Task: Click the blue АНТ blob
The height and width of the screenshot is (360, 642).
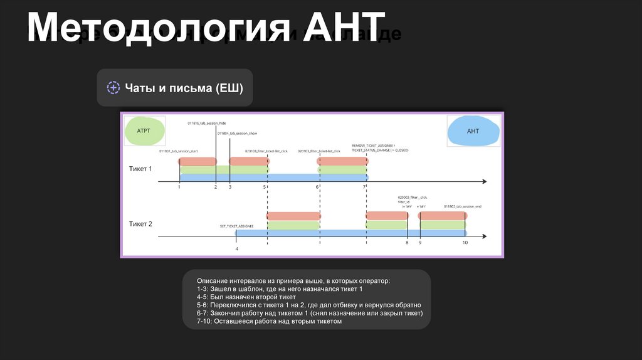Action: pos(473,132)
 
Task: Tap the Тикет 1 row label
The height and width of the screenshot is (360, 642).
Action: pos(140,169)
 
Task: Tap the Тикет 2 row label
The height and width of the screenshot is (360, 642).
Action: pos(140,224)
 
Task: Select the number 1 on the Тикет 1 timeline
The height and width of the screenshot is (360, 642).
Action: pos(179,188)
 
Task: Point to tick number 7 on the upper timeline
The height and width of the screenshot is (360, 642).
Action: pos(364,188)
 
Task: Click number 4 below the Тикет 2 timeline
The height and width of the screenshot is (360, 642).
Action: pos(236,249)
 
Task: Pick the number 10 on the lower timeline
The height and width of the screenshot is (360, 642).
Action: pos(465,242)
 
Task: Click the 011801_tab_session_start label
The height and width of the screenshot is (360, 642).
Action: pos(178,151)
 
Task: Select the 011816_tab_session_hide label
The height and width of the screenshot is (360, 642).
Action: pos(206,124)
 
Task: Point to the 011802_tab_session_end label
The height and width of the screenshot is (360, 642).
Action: pos(462,206)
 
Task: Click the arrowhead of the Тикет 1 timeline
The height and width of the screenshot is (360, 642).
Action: pos(483,182)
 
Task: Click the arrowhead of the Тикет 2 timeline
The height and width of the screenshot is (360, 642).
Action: pos(483,236)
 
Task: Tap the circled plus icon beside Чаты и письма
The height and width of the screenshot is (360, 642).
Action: pos(113,88)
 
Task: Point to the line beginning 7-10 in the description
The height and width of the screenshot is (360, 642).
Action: pos(269,321)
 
